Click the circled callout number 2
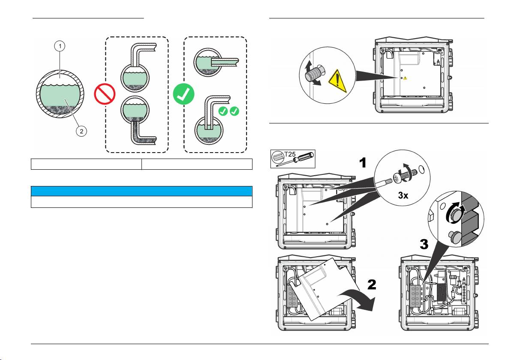point(81,131)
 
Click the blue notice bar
point(141,191)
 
